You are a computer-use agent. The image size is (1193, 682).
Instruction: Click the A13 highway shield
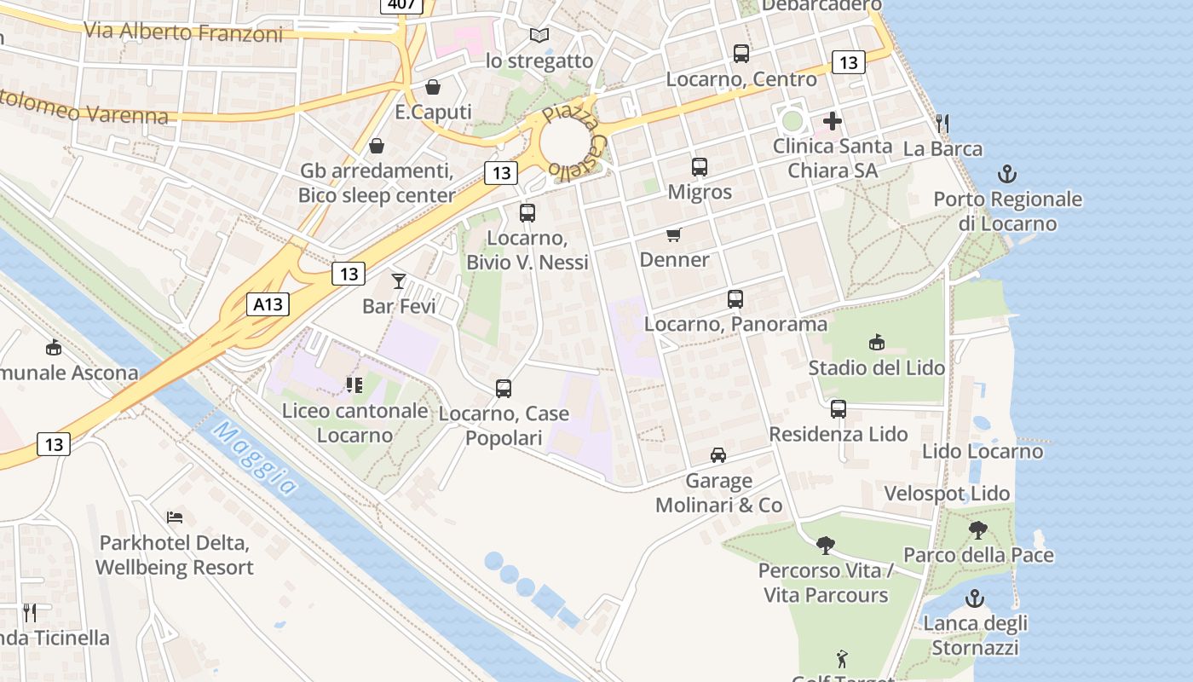tap(268, 304)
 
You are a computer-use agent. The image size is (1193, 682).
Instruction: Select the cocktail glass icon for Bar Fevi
tap(398, 280)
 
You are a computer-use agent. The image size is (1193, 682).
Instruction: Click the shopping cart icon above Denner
tap(674, 234)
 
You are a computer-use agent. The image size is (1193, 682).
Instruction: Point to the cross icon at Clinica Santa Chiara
tap(833, 121)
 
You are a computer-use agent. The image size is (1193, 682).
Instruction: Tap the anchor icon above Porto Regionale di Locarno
tap(1007, 175)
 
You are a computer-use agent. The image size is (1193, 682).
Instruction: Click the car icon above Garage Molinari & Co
tap(718, 455)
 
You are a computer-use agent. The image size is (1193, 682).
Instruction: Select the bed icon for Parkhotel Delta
tap(175, 517)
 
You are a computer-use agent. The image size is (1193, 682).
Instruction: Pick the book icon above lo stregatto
tap(539, 35)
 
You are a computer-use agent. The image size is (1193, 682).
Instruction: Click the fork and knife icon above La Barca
tap(942, 124)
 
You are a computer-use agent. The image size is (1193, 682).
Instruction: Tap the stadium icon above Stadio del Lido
tap(876, 343)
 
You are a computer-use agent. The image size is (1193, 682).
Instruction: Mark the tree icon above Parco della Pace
tap(978, 530)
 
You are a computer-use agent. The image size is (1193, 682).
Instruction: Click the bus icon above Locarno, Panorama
tap(735, 299)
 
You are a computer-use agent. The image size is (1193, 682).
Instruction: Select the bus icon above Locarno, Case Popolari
tap(504, 389)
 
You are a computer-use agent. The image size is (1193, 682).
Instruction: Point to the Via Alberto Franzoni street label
tap(183, 32)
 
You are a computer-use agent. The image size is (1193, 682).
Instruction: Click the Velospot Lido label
tap(947, 494)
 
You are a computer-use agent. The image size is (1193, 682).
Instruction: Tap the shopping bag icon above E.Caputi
tap(433, 87)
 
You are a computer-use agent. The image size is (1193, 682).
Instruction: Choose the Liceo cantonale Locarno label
tap(354, 423)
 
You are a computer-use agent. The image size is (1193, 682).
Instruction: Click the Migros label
tap(700, 192)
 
